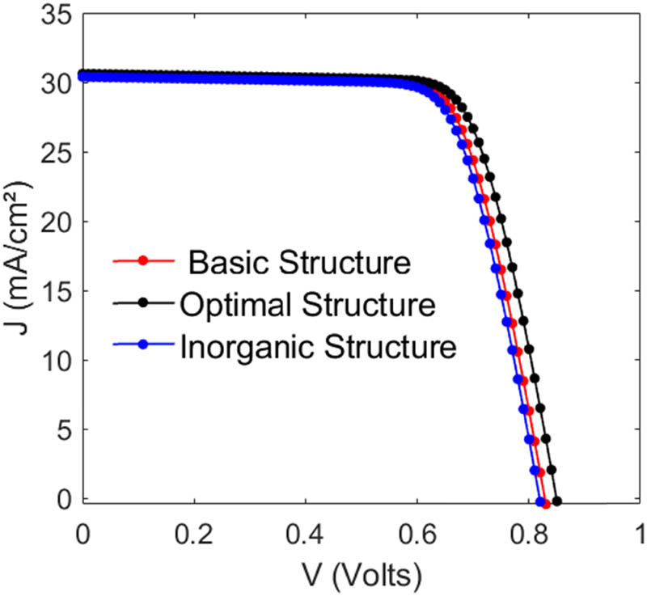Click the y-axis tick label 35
tap(53, 15)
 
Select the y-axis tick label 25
tap(53, 152)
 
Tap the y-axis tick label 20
tap(53, 222)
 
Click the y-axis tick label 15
tap(53, 291)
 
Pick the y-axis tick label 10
tap(53, 361)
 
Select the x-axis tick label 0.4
tap(306, 534)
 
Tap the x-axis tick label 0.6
tap(417, 534)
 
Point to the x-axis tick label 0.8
tap(529, 534)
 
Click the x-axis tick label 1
tap(640, 534)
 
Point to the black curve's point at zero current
tap(556, 501)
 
